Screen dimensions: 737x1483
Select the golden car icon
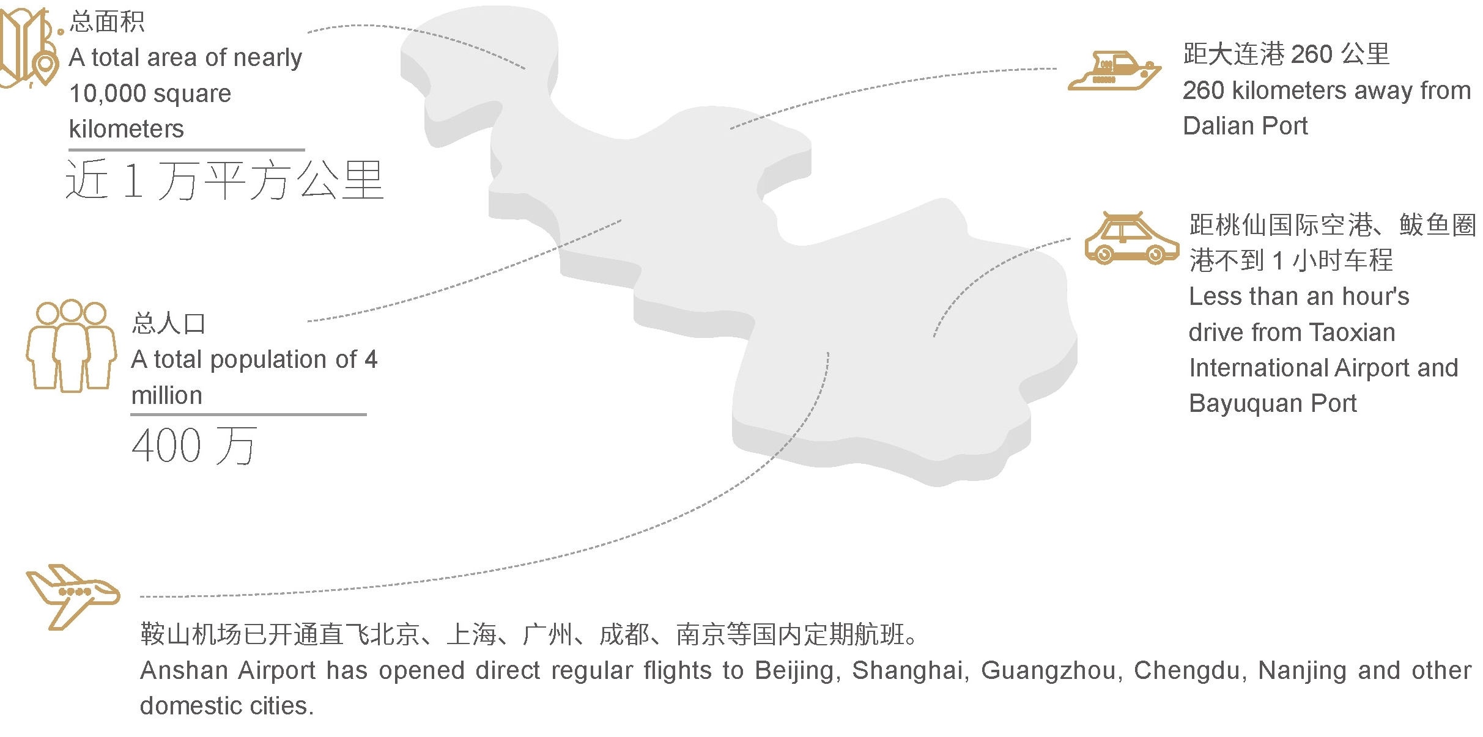tap(1131, 239)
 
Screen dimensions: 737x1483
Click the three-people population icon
tap(71, 345)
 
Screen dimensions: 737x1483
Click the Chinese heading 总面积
tap(107, 22)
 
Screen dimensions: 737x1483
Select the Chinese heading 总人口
tap(169, 323)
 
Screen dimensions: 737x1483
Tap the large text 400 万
tap(194, 446)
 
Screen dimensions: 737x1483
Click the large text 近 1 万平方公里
tap(224, 180)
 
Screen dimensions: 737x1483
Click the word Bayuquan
tap(1245, 403)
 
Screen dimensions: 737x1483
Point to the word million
tap(167, 396)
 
